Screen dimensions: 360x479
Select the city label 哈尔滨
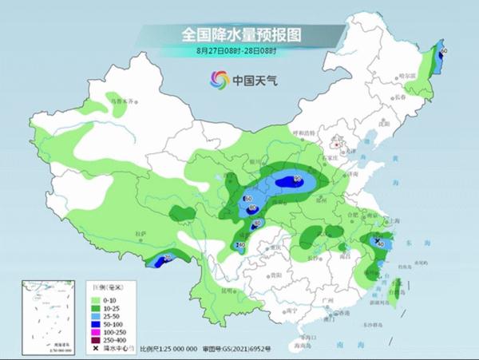(409, 73)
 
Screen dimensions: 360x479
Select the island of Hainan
(293, 339)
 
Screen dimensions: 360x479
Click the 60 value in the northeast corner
(443, 52)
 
